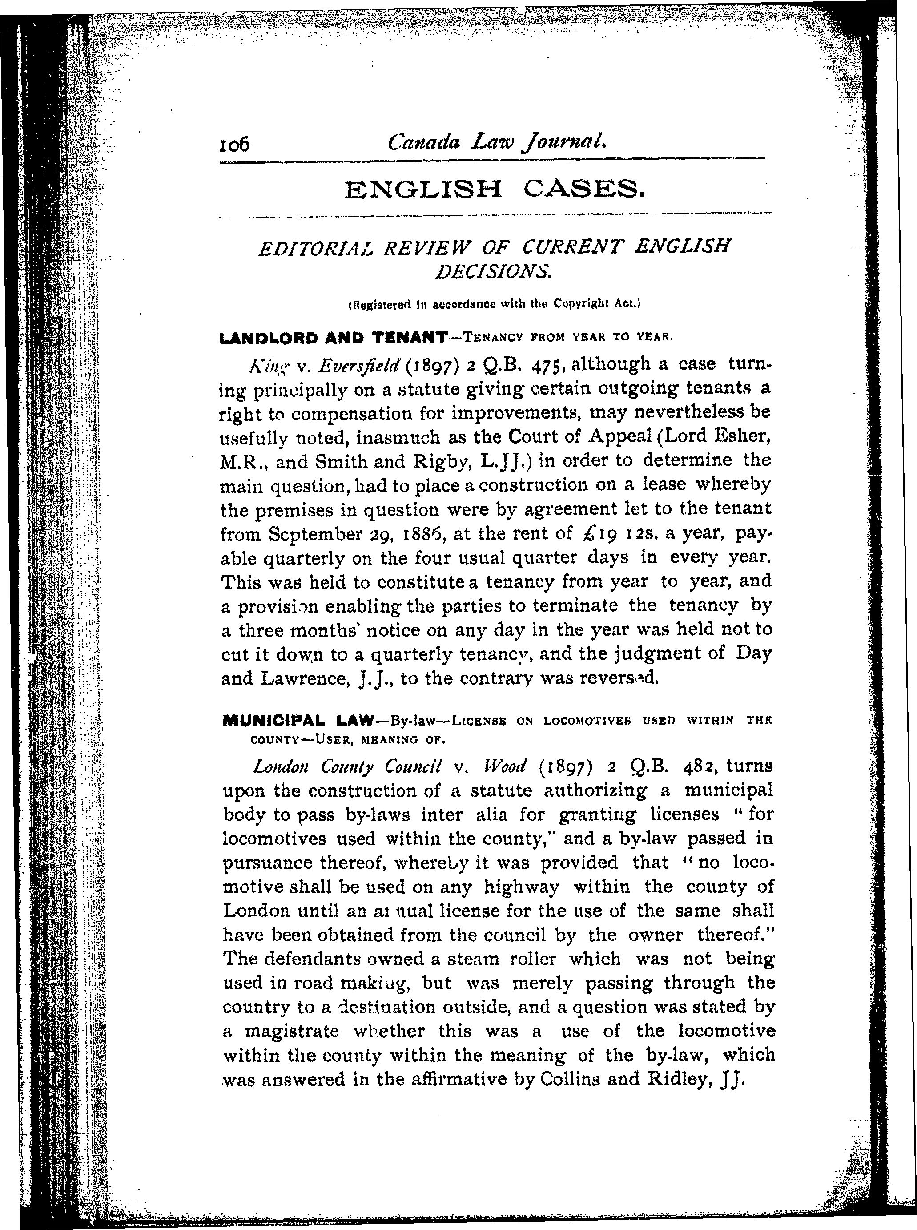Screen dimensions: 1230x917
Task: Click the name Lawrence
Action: pyautogui.click(x=304, y=678)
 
